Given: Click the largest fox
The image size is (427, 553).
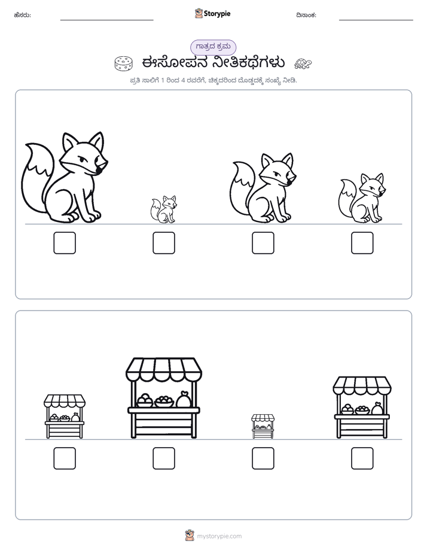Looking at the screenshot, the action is (65, 178).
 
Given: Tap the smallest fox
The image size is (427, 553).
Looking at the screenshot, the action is (163, 209).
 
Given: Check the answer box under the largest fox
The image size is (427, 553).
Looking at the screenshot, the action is (65, 243).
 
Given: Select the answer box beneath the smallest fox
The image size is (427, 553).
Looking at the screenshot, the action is (164, 243).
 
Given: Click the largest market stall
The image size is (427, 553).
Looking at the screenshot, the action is (164, 398).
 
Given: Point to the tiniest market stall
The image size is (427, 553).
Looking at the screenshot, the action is (263, 426).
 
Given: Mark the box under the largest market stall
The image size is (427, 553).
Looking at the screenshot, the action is (164, 458).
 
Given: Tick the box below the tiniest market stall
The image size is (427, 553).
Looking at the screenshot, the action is (263, 458).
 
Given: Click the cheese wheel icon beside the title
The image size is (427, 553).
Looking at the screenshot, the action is (123, 63).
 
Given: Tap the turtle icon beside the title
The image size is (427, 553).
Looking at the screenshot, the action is (303, 63).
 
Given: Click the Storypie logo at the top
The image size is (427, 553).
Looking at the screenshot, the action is (212, 14).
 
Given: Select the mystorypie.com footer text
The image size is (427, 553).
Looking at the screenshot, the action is (219, 536).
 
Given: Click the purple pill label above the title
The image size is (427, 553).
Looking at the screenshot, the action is (213, 47).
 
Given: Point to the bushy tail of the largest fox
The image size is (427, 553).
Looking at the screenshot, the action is (37, 178).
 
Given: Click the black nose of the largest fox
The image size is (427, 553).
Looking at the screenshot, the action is (99, 171).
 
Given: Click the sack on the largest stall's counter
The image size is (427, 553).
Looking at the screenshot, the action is (184, 399).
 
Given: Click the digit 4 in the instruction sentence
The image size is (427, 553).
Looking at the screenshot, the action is (183, 80).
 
